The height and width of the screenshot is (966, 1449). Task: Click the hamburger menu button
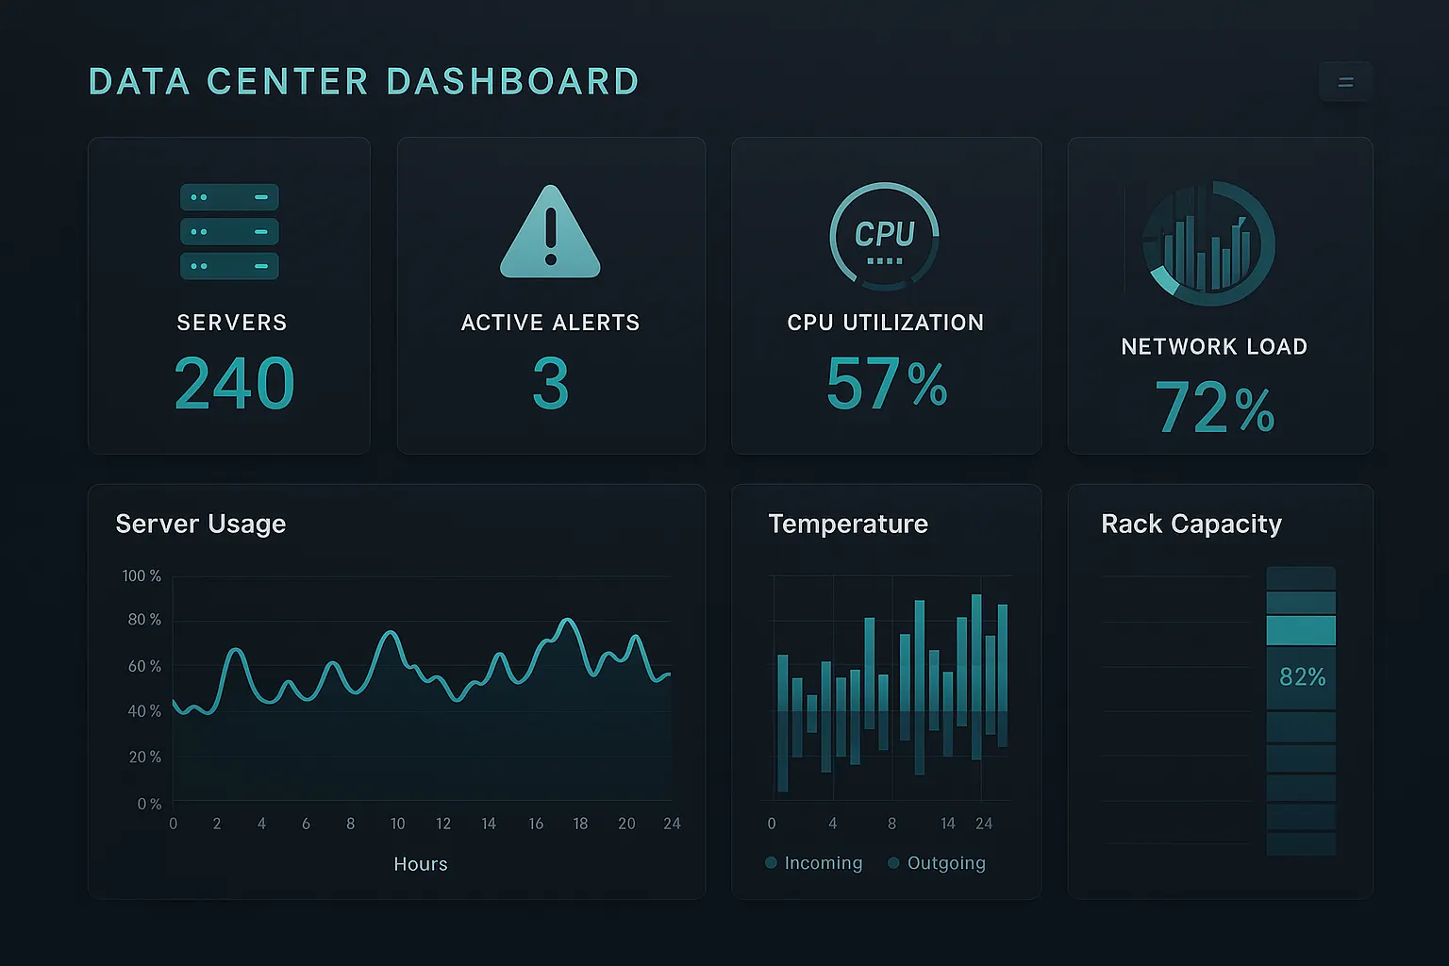[x=1345, y=81]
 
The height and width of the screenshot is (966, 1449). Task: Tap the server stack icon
[x=229, y=232]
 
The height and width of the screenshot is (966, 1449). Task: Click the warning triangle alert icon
[x=551, y=232]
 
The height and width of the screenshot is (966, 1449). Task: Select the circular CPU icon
[x=884, y=236]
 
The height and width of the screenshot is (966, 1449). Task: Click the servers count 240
[x=235, y=384]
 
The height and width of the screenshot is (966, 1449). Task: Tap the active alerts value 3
[x=551, y=384]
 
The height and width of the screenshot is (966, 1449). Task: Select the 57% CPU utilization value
[x=887, y=384]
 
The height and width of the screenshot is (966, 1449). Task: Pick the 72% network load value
[x=1215, y=407]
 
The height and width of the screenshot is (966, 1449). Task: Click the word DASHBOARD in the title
[x=513, y=81]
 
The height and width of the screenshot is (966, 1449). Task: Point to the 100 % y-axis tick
[x=142, y=575]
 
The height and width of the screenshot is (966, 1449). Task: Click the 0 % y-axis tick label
[x=149, y=804]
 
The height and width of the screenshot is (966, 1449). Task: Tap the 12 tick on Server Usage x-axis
[x=443, y=824]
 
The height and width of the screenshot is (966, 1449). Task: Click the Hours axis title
[x=421, y=864]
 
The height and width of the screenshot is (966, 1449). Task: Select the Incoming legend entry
[x=814, y=863]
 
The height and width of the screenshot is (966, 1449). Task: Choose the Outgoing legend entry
[x=938, y=863]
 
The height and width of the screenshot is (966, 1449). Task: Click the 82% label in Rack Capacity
[x=1303, y=676]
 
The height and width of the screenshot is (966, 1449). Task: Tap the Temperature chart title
[x=848, y=524]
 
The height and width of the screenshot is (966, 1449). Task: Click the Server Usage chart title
[x=201, y=525]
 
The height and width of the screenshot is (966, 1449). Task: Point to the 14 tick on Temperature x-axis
[x=948, y=824]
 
